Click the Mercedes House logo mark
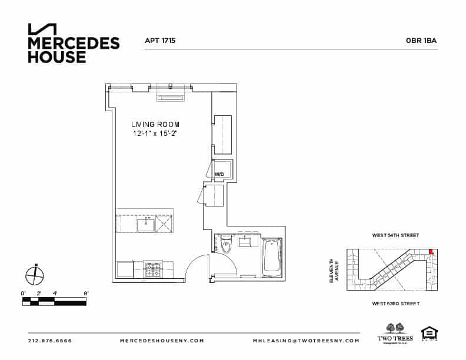42,29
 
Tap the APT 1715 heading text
160,41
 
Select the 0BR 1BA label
421,41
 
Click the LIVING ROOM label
155,125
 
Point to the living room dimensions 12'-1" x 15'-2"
155,134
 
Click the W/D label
219,175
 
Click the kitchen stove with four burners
153,270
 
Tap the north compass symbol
35,275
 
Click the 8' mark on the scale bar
86,293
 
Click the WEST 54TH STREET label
395,235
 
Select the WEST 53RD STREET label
395,304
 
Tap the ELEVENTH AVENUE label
334,271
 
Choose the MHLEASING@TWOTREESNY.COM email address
306,341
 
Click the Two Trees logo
395,332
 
